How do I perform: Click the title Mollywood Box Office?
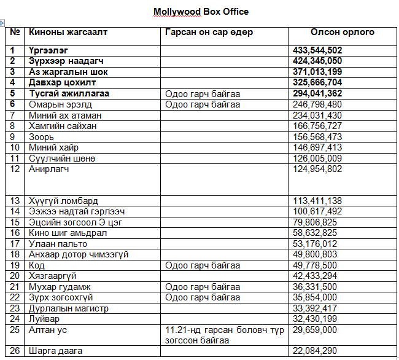pos(201,12)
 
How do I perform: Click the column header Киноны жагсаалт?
pos(68,32)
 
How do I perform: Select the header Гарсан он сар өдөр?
pos(209,32)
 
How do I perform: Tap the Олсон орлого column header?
pos(342,32)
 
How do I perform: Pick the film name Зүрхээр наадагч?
pos(67,61)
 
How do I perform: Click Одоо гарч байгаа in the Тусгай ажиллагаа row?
pos(203,93)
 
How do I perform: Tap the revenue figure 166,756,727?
pos(317,126)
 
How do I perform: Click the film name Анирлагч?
pos(50,169)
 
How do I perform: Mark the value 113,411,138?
pos(317,201)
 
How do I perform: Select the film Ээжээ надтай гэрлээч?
pos(76,211)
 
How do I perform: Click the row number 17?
pos(15,244)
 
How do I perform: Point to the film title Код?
pos(37,265)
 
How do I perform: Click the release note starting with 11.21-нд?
pos(225,335)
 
